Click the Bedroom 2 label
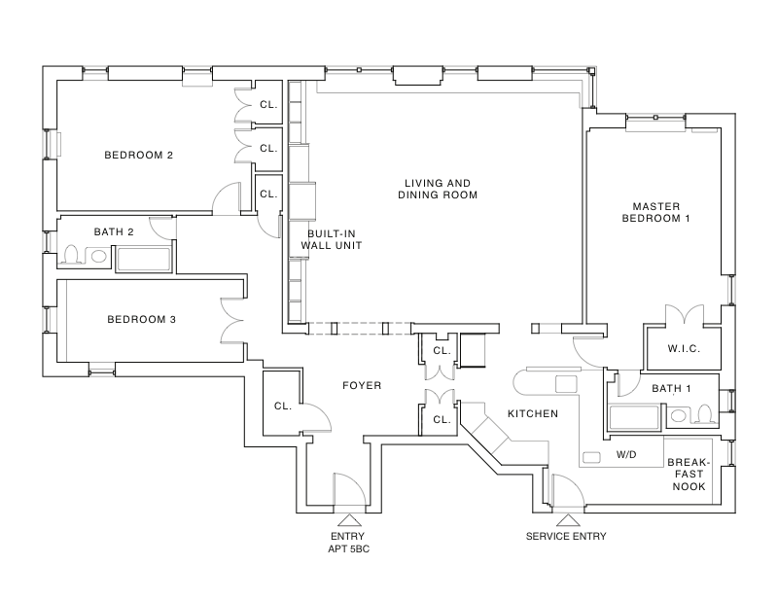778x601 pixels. tap(139, 155)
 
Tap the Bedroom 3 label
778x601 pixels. tap(141, 319)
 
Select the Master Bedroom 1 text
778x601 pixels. tap(661, 212)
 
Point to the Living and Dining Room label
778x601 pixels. tap(438, 189)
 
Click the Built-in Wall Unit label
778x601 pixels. tap(335, 240)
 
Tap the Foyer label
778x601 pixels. tap(362, 386)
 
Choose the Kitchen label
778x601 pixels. tap(533, 414)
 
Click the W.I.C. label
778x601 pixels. tap(685, 348)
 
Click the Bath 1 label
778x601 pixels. tap(671, 389)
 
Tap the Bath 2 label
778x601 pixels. tap(114, 232)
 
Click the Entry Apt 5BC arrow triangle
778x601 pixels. tap(348, 519)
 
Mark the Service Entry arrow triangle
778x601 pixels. tap(565, 519)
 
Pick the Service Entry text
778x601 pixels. tap(566, 537)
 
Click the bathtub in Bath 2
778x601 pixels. tap(144, 259)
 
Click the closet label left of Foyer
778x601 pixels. tap(283, 407)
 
